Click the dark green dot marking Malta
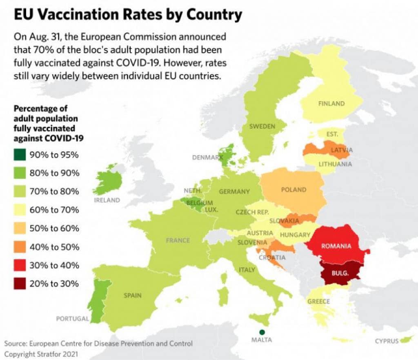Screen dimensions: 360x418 point(262,332)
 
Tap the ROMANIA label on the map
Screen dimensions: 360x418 point(336,246)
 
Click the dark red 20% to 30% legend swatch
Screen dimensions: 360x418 point(19,284)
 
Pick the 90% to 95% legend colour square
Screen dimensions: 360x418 point(19,155)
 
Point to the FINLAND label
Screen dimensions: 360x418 point(331,104)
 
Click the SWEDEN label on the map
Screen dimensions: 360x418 point(262,126)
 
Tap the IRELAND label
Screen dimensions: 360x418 point(107,200)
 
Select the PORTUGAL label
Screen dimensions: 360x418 point(72,319)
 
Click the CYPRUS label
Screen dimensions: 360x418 point(387,341)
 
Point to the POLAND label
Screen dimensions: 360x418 point(293,189)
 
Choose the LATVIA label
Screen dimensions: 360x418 point(342,150)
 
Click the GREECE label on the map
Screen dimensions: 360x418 point(318,301)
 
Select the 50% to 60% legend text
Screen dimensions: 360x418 point(54,229)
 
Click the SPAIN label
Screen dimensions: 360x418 point(133,295)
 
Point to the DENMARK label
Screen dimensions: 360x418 point(207,157)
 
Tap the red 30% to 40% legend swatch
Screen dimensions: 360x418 point(19,265)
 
